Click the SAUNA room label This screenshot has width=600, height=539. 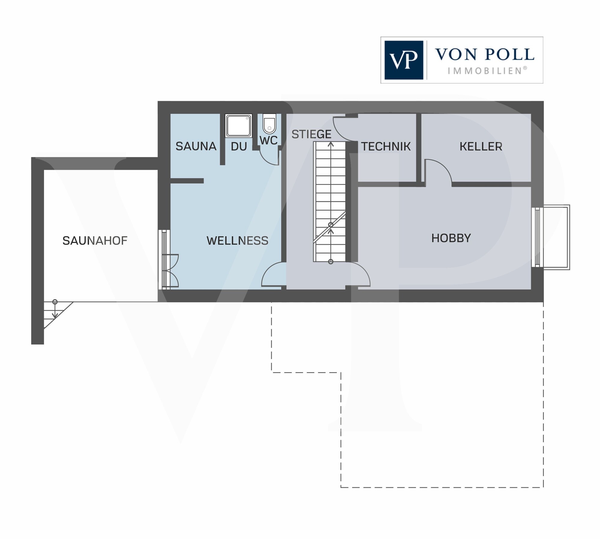click(x=196, y=146)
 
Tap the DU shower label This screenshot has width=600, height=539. click(x=239, y=146)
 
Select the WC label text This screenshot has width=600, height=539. click(x=268, y=140)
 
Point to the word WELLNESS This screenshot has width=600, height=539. click(x=237, y=241)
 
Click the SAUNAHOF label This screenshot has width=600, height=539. click(x=95, y=241)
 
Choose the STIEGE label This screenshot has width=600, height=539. click(x=311, y=134)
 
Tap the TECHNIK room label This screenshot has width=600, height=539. click(x=385, y=146)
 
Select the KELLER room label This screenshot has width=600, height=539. click(x=481, y=146)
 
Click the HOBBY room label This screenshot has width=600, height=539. click(x=451, y=238)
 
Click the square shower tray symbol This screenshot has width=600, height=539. click(x=238, y=126)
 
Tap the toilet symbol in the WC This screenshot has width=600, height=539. click(x=269, y=123)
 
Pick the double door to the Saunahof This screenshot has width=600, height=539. click(x=170, y=271)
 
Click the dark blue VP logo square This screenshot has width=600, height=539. click(x=404, y=60)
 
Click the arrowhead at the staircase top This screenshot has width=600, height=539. click(x=331, y=144)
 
